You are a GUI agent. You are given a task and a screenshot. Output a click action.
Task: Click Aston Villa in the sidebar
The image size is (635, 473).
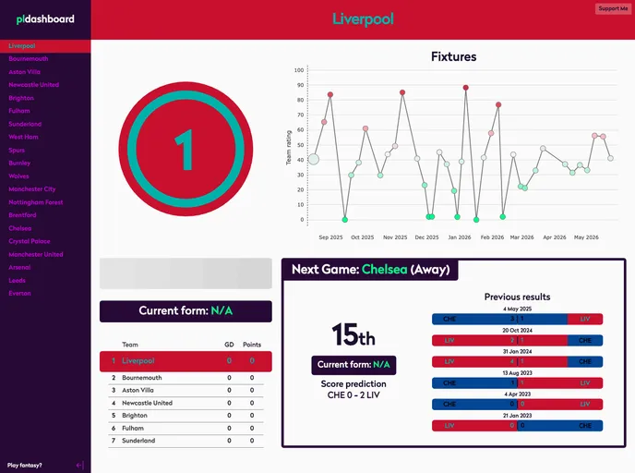tap(25, 71)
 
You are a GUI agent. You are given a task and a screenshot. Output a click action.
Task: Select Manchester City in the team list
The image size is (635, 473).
tap(32, 188)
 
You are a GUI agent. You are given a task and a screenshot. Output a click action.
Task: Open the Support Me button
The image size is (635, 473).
tap(613, 8)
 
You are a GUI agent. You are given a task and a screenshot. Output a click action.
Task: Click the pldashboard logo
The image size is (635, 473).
tap(39, 19)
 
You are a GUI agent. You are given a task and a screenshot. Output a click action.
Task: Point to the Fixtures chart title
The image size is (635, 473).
tap(453, 56)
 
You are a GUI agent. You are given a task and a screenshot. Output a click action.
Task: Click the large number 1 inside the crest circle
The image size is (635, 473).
tap(186, 150)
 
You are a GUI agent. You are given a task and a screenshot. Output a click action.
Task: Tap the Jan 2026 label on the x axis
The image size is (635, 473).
tap(460, 237)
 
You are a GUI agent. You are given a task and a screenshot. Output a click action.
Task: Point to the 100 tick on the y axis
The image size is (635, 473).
tap(298, 69)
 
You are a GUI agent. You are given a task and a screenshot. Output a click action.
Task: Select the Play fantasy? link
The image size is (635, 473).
tap(25, 465)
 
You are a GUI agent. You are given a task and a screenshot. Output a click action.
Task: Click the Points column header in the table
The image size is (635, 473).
tap(252, 344)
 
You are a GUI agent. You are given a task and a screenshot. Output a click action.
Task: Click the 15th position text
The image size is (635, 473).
tap(353, 334)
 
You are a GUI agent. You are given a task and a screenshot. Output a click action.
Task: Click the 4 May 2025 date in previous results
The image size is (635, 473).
tap(517, 309)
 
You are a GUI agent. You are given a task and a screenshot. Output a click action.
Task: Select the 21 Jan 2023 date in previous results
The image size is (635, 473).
tap(517, 415)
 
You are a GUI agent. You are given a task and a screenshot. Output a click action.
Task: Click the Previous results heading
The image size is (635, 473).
tap(517, 297)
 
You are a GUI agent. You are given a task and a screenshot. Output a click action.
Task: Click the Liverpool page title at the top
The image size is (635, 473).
tap(363, 19)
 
